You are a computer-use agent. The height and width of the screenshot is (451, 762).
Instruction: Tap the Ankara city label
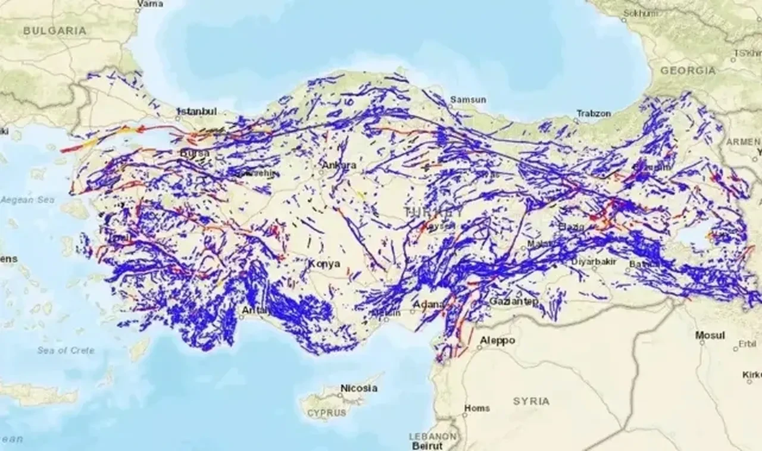click(339, 165)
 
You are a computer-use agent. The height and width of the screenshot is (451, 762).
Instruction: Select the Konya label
click(324, 264)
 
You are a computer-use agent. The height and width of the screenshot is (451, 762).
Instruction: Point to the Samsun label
click(468, 99)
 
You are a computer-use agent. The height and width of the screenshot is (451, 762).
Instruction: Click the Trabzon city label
click(594, 113)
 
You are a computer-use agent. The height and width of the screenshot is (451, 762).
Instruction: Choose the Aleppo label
click(498, 341)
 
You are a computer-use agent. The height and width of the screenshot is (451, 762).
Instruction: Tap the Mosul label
click(710, 336)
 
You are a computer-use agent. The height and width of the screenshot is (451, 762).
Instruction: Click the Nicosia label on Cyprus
click(358, 388)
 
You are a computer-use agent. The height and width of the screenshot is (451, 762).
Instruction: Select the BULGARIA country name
click(55, 31)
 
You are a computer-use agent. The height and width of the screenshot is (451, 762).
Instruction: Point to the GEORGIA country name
click(688, 70)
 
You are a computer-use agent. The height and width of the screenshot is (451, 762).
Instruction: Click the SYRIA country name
click(531, 401)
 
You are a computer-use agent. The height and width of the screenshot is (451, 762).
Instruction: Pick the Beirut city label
click(426, 446)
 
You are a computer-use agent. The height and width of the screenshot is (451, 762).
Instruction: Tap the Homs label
click(476, 408)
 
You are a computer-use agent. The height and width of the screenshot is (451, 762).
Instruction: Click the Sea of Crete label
click(65, 350)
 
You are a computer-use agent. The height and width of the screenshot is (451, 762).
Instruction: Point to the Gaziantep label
click(514, 302)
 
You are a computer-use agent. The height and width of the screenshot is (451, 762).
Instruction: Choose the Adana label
click(429, 305)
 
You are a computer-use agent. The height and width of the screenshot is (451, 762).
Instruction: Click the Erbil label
click(747, 344)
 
